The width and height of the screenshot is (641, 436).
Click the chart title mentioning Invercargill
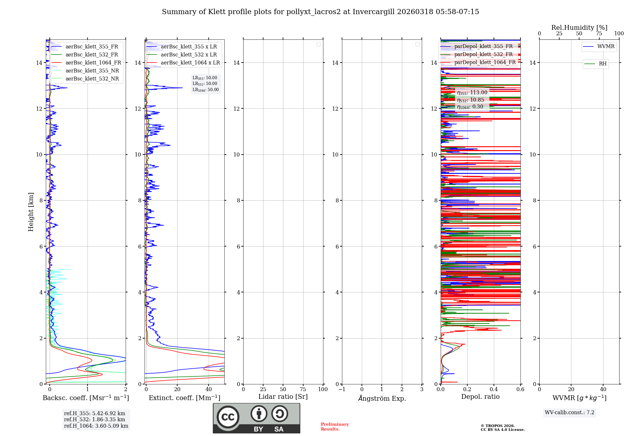point(320,12)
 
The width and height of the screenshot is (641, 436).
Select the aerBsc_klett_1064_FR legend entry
point(93,63)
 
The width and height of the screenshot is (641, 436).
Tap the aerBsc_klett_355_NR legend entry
point(92,71)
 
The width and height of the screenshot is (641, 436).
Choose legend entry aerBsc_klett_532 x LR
point(188,55)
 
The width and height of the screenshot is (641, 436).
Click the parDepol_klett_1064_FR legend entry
point(485,63)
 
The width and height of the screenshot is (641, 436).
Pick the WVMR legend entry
point(605,46)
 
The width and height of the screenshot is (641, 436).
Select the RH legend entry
point(602,64)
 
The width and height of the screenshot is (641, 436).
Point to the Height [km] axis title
point(31,212)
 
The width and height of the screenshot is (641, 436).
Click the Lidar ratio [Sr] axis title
point(283,397)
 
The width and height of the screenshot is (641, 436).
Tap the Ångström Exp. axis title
point(382,398)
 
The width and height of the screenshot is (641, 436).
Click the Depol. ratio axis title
point(480,397)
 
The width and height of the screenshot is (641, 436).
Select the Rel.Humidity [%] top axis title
point(579,28)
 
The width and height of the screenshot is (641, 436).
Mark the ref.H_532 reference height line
point(95,420)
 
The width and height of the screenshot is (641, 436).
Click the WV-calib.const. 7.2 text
point(570,413)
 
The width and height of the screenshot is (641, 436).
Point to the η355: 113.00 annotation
point(472,93)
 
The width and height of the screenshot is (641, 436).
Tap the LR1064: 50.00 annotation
point(205,90)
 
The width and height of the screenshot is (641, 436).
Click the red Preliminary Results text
point(335,427)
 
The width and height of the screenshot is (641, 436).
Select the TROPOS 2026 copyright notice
point(502,428)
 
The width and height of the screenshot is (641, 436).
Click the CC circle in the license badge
point(228,417)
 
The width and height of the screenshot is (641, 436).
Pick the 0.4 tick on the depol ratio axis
point(494,390)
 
